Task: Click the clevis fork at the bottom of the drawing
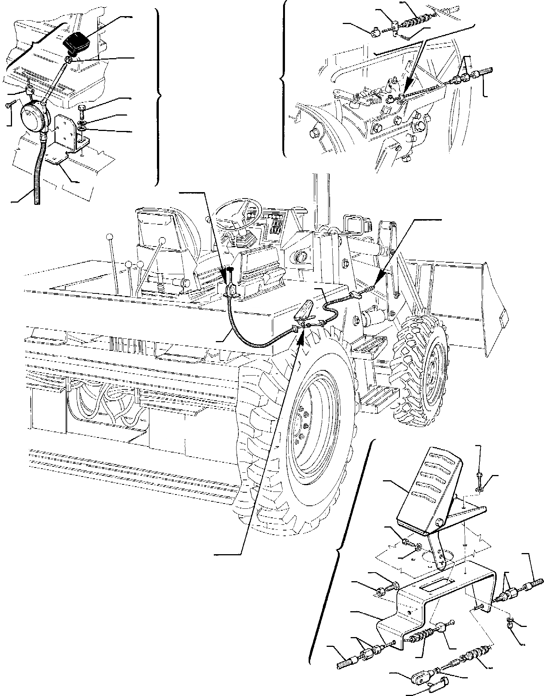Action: [x=420, y=678]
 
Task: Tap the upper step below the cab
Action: [x=370, y=343]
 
